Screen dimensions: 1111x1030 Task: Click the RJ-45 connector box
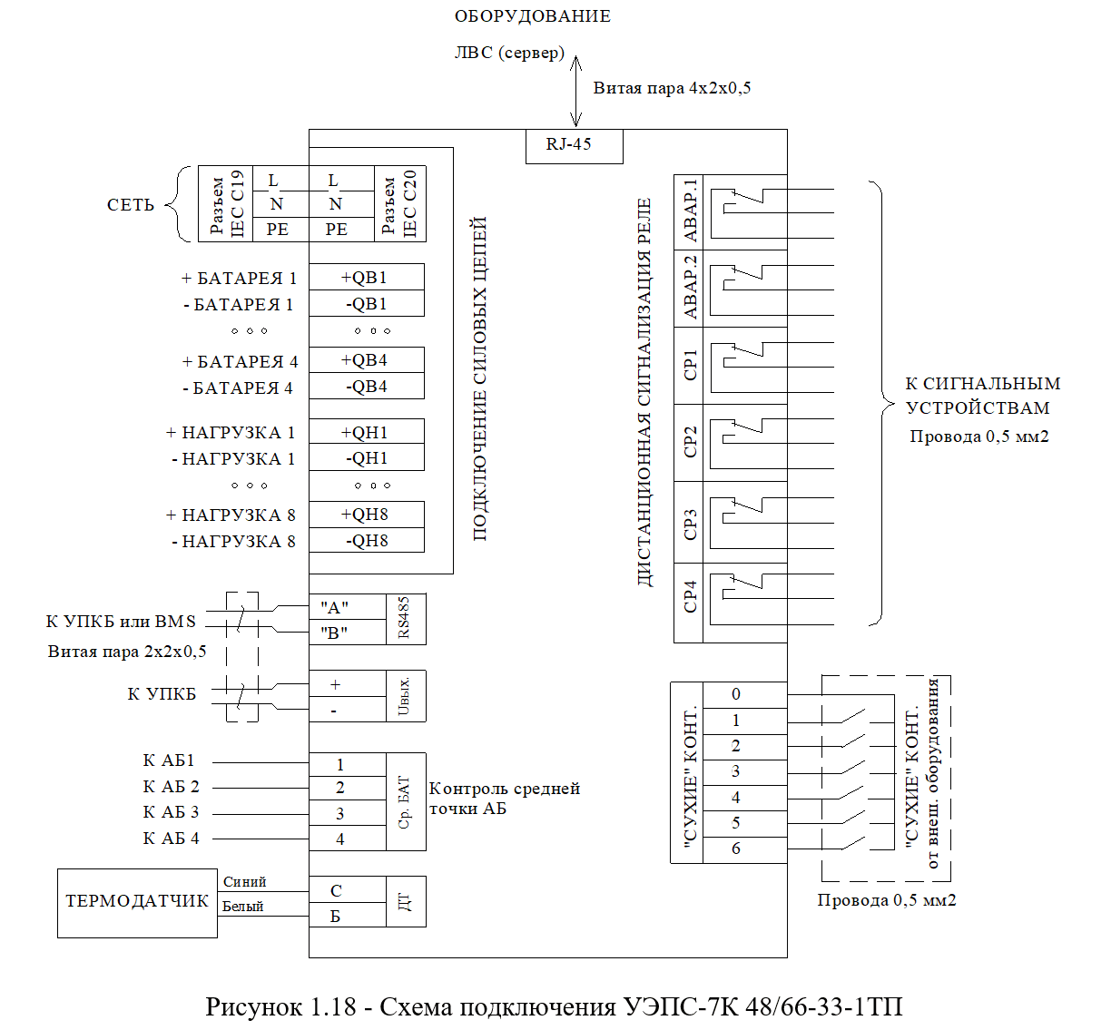pyautogui.click(x=574, y=147)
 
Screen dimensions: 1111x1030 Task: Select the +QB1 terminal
pyautogui.click(x=367, y=277)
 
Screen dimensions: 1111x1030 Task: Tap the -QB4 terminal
pyautogui.click(x=367, y=386)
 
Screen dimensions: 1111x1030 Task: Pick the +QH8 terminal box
pyautogui.click(x=367, y=515)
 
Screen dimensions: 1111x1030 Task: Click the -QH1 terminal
pyautogui.click(x=367, y=457)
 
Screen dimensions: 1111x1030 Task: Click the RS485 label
pyautogui.click(x=404, y=618)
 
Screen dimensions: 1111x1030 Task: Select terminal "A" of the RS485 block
pyautogui.click(x=348, y=607)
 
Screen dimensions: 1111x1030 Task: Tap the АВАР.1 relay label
pyautogui.click(x=691, y=211)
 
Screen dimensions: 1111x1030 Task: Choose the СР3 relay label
pyautogui.click(x=691, y=525)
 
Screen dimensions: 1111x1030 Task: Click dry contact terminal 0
pyautogui.click(x=744, y=695)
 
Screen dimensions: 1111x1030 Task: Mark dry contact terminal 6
pyautogui.click(x=744, y=849)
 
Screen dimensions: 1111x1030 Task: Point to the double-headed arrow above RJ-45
pyautogui.click(x=575, y=91)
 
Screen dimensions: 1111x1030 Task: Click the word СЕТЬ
pyautogui.click(x=131, y=205)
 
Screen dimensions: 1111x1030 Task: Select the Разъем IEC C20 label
pyautogui.click(x=399, y=203)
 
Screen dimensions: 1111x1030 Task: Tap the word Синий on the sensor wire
pyautogui.click(x=244, y=882)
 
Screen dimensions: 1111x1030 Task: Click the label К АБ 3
pyautogui.click(x=171, y=812)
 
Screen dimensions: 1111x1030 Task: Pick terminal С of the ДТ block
pyautogui.click(x=348, y=890)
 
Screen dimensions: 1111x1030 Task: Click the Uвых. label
pyautogui.click(x=404, y=697)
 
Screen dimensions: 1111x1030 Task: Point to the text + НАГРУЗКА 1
pyautogui.click(x=231, y=433)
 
